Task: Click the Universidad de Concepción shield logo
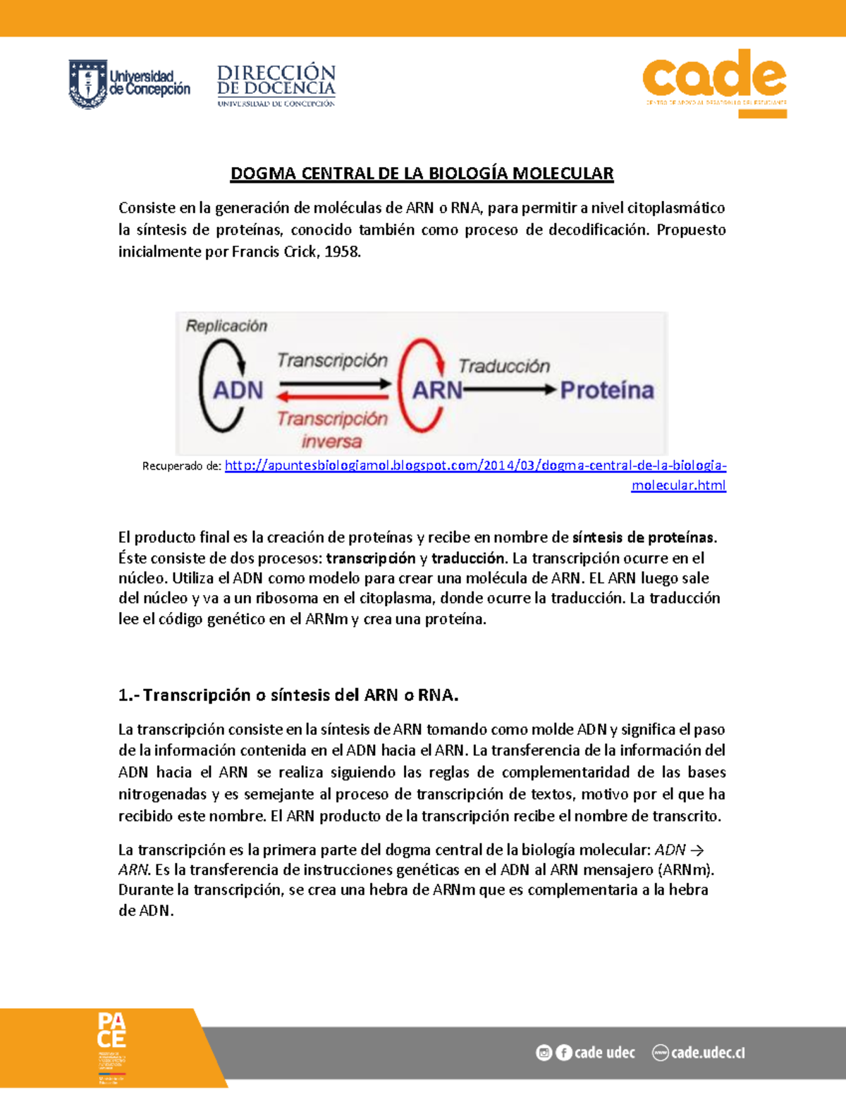click(x=87, y=84)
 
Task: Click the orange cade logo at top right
click(x=714, y=80)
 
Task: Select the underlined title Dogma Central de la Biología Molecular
click(x=422, y=173)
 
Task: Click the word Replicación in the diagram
click(x=226, y=326)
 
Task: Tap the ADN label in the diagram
click(x=238, y=390)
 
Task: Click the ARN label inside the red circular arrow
click(x=436, y=390)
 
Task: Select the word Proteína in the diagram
click(x=607, y=390)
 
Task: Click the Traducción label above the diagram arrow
click(x=503, y=366)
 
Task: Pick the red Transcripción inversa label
click(x=332, y=429)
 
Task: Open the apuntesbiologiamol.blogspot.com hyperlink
click(x=475, y=465)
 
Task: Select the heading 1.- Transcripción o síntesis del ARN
click(x=288, y=695)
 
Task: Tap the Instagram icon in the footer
click(x=544, y=1053)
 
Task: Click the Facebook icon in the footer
click(x=563, y=1053)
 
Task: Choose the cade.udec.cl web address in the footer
click(x=707, y=1053)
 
